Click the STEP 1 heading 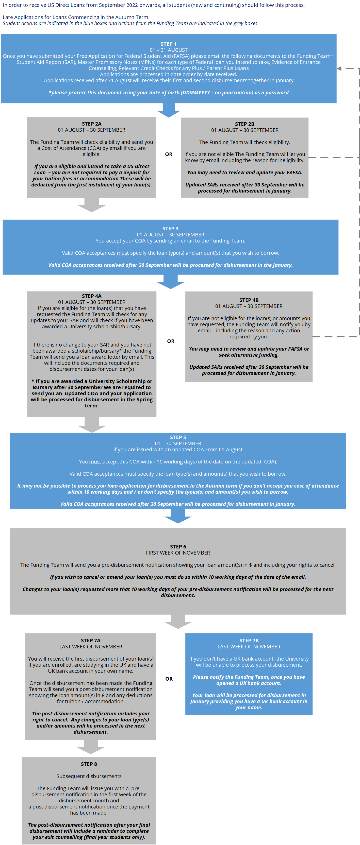pyautogui.click(x=168, y=44)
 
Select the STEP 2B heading pyautogui.click(x=244, y=124)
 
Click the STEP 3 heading pyautogui.click(x=170, y=229)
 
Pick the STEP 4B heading pyautogui.click(x=249, y=300)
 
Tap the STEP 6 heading pyautogui.click(x=178, y=546)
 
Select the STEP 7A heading pyautogui.click(x=91, y=640)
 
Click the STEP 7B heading pyautogui.click(x=249, y=640)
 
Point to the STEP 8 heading pyautogui.click(x=89, y=764)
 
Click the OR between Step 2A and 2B pyautogui.click(x=169, y=154)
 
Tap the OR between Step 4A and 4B pyautogui.click(x=171, y=341)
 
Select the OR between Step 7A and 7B pyautogui.click(x=169, y=679)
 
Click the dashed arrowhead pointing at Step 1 pyautogui.click(x=339, y=68)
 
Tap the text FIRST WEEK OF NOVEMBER pyautogui.click(x=178, y=553)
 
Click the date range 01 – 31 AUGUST pyautogui.click(x=169, y=50)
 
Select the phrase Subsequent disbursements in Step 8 pyautogui.click(x=89, y=776)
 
